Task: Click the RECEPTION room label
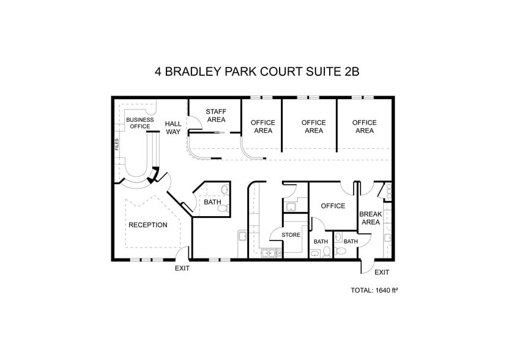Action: (x=147, y=225)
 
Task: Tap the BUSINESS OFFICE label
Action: (x=139, y=123)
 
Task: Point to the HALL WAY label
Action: (x=173, y=127)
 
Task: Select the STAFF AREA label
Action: (x=216, y=115)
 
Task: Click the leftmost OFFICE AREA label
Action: (x=263, y=126)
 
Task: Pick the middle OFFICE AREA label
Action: (x=314, y=126)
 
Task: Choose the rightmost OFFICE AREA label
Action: (x=365, y=126)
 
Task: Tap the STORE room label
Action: (x=291, y=234)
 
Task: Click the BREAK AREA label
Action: (x=371, y=218)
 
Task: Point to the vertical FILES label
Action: (x=117, y=144)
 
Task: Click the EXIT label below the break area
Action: (x=382, y=272)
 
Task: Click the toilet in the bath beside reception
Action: (x=223, y=207)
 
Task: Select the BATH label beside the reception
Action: (x=212, y=202)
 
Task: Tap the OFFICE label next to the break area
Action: (x=333, y=206)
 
